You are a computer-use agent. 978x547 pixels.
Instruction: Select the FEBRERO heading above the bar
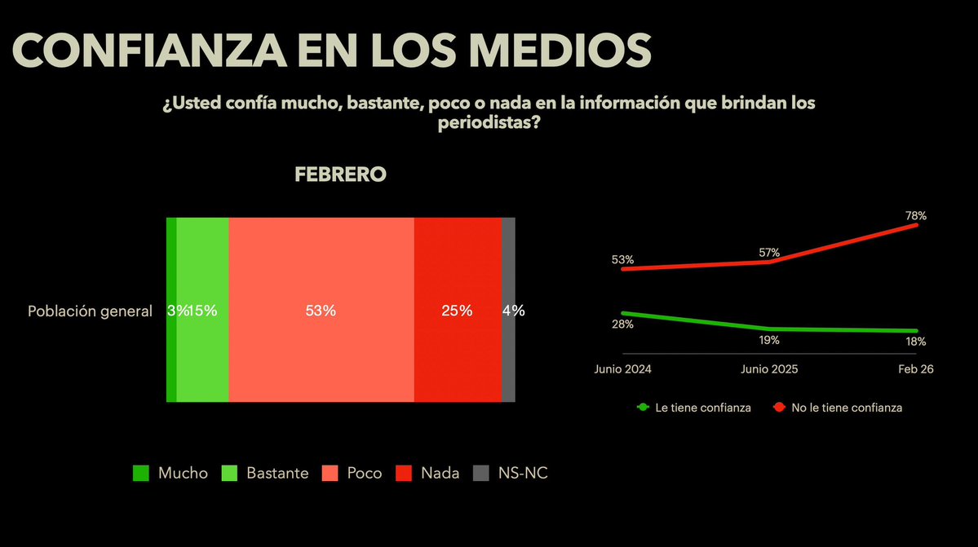[x=340, y=174]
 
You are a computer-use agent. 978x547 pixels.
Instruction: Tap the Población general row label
[x=90, y=311]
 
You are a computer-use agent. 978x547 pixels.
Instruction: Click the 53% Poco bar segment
[x=321, y=311]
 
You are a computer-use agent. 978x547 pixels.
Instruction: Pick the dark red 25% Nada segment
[x=458, y=311]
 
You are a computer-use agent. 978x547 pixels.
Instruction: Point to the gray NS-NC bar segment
[x=508, y=311]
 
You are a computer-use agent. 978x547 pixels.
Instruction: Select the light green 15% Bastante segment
[x=203, y=311]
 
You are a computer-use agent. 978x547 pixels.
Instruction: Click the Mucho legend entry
[x=170, y=473]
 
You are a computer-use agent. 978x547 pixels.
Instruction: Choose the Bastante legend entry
[x=265, y=473]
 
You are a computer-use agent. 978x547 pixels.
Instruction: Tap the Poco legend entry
[x=352, y=473]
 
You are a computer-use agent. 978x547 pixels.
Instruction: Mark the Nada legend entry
[x=428, y=473]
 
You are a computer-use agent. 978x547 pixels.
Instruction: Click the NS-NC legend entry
[x=511, y=473]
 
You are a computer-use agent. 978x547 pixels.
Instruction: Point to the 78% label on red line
[x=915, y=216]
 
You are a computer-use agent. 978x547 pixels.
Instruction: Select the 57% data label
[x=769, y=253]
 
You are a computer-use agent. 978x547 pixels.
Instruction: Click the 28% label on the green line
[x=623, y=324]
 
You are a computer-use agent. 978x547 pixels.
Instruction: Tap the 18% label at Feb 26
[x=915, y=342]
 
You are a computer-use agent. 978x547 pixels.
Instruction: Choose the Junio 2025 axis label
[x=769, y=368]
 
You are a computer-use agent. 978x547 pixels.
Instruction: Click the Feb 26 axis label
[x=915, y=368]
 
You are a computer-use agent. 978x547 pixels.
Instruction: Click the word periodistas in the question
[x=489, y=124]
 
